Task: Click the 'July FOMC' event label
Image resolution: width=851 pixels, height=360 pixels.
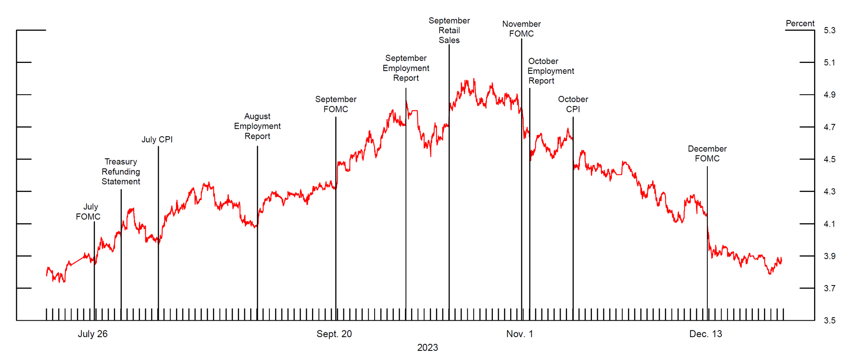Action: tap(88, 212)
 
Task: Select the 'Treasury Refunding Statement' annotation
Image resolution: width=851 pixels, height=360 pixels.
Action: tap(121, 172)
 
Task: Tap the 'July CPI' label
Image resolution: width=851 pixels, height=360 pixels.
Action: tap(157, 140)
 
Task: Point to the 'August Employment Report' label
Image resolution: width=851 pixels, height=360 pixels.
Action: tap(257, 126)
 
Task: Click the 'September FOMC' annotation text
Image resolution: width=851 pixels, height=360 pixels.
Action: tap(336, 104)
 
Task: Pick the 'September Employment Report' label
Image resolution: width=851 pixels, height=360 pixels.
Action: tap(406, 68)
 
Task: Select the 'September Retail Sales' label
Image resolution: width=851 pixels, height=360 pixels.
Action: tap(449, 30)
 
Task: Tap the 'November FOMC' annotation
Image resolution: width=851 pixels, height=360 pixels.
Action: tap(521, 29)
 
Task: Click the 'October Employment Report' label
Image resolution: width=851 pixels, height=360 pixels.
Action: tap(550, 71)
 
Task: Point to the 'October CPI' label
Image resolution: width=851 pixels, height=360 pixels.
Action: tap(573, 104)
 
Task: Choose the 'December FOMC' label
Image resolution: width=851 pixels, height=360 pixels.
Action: tap(707, 154)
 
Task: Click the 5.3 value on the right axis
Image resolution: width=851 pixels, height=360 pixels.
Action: tap(829, 30)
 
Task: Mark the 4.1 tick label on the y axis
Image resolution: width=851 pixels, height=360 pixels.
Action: tap(829, 224)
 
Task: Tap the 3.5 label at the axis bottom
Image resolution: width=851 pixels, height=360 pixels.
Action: tap(829, 321)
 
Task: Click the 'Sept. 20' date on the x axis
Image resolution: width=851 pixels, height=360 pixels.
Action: tap(334, 334)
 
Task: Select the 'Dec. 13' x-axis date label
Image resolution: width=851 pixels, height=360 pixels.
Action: tap(705, 334)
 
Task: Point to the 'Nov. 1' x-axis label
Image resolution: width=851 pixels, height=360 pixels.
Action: tap(520, 334)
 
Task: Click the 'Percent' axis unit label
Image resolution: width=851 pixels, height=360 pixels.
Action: tap(800, 24)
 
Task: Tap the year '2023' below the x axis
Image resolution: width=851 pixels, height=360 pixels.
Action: tap(428, 348)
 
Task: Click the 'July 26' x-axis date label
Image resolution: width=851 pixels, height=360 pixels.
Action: tap(93, 334)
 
